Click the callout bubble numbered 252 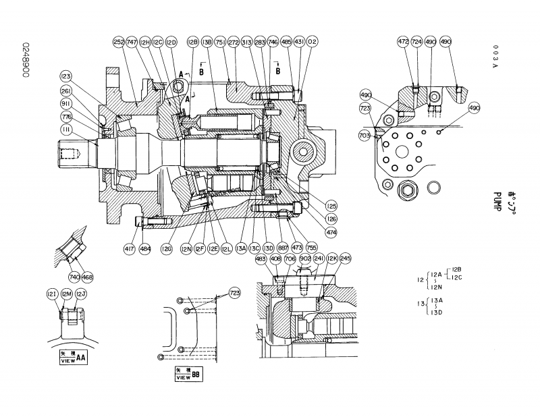coord(119,41)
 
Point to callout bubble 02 coord(312,41)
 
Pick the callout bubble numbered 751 coord(220,41)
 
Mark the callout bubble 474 coord(313,232)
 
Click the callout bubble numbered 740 coord(73,277)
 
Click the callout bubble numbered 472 coord(403,41)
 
